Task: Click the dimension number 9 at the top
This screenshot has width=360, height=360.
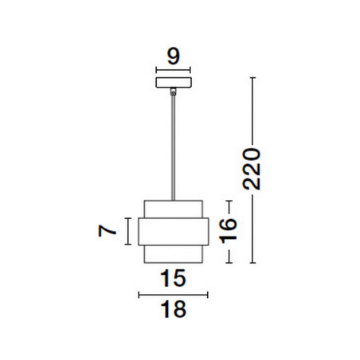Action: [x=174, y=57]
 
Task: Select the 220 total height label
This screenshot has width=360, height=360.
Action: [x=252, y=169]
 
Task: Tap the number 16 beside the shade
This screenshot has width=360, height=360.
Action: [x=228, y=231]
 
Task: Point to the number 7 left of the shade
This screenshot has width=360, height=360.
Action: [x=107, y=231]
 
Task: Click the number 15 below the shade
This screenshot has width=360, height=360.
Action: [x=173, y=278]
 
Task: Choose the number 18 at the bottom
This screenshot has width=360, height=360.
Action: [x=174, y=309]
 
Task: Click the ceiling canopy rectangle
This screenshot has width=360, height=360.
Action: [x=174, y=83]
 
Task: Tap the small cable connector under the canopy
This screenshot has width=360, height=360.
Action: [x=174, y=92]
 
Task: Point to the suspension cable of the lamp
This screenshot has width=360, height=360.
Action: [x=174, y=147]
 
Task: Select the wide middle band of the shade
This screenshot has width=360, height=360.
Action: [x=174, y=232]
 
